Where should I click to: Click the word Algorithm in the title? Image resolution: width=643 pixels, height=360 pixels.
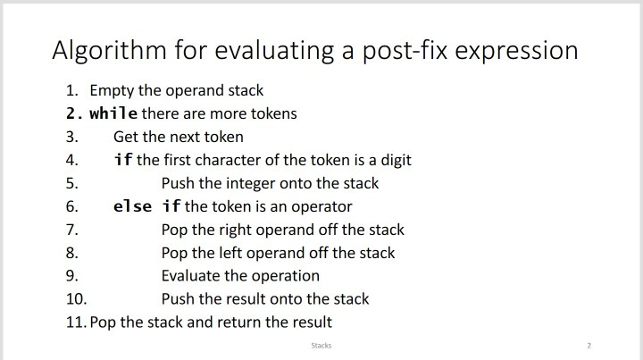pyautogui.click(x=110, y=51)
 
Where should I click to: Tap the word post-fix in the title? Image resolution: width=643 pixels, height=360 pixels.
pyautogui.click(x=405, y=51)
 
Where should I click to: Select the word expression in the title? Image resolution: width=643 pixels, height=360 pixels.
pyautogui.click(x=517, y=52)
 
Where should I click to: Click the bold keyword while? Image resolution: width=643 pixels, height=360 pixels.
pyautogui.click(x=113, y=113)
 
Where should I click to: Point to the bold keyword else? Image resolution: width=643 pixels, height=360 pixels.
pyautogui.click(x=132, y=206)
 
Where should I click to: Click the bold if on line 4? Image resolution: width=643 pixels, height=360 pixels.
pyautogui.click(x=123, y=160)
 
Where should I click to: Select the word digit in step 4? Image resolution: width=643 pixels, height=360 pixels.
pyautogui.click(x=396, y=160)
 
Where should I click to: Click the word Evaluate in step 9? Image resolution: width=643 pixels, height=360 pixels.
pyautogui.click(x=191, y=275)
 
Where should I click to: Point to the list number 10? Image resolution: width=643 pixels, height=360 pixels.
pyautogui.click(x=76, y=299)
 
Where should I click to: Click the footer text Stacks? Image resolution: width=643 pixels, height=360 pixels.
pyautogui.click(x=321, y=346)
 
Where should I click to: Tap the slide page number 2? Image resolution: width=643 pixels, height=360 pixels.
pyautogui.click(x=589, y=346)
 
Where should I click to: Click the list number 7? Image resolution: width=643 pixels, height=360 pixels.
pyautogui.click(x=71, y=230)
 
